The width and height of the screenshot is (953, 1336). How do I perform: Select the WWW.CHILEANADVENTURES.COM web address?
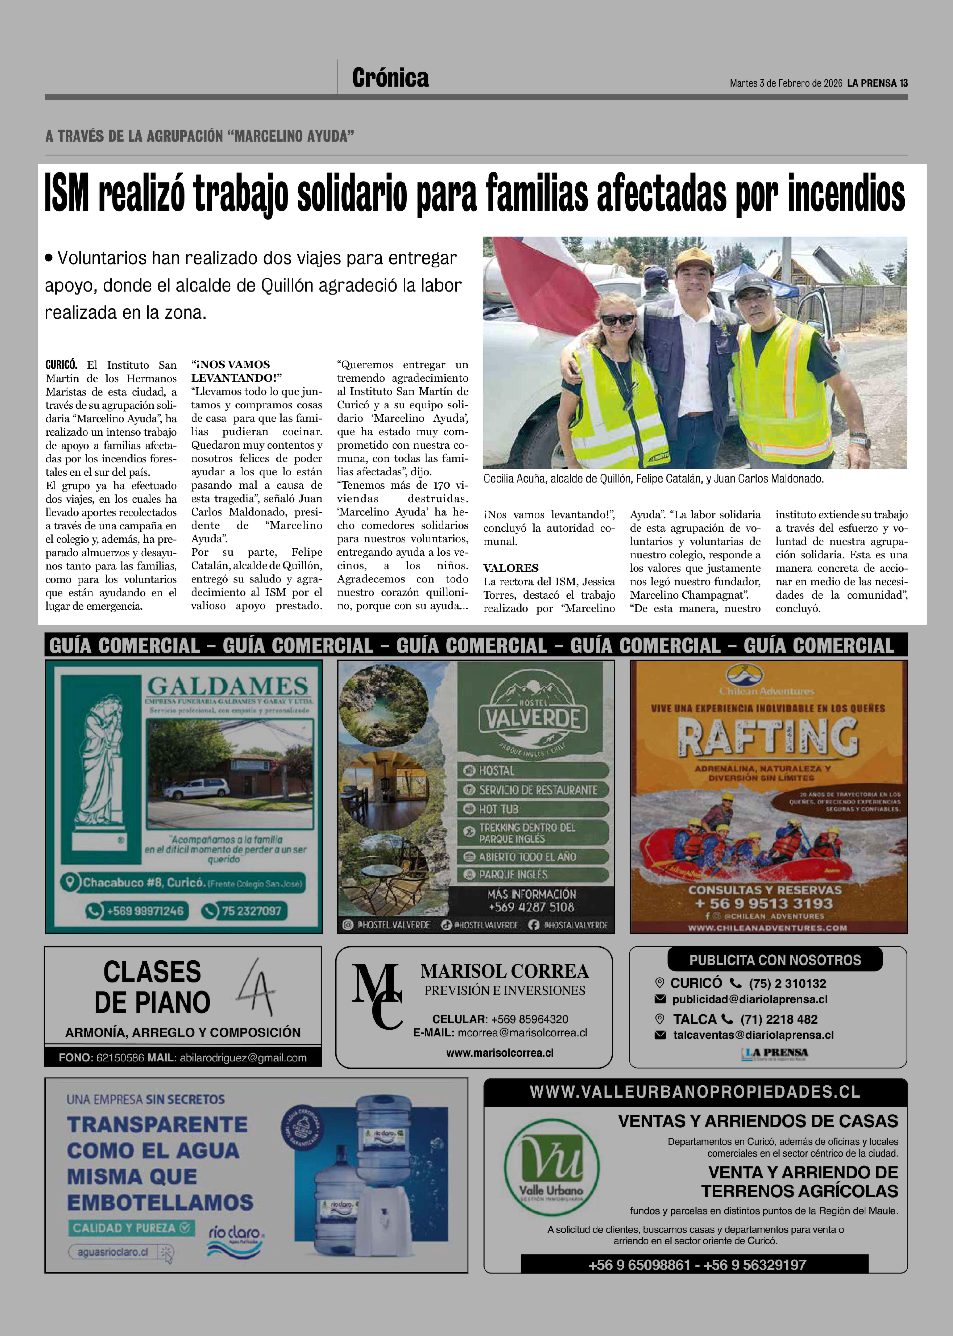(768, 928)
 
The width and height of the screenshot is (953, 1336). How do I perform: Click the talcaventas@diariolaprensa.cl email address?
(753, 1035)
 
